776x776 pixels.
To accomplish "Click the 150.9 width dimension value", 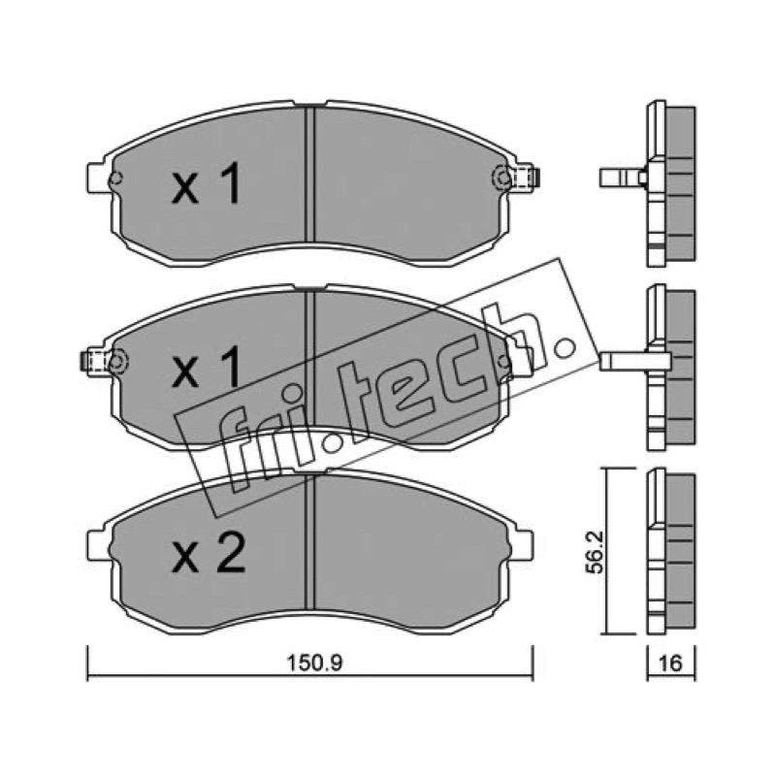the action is tap(314, 663).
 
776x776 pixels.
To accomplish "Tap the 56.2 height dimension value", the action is tap(595, 552).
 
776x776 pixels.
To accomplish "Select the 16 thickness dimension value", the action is tap(671, 663).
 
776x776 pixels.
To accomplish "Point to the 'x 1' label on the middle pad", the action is tap(206, 366).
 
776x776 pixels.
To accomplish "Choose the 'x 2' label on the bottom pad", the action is tap(209, 553).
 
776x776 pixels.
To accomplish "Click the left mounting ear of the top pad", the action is tap(97, 178).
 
